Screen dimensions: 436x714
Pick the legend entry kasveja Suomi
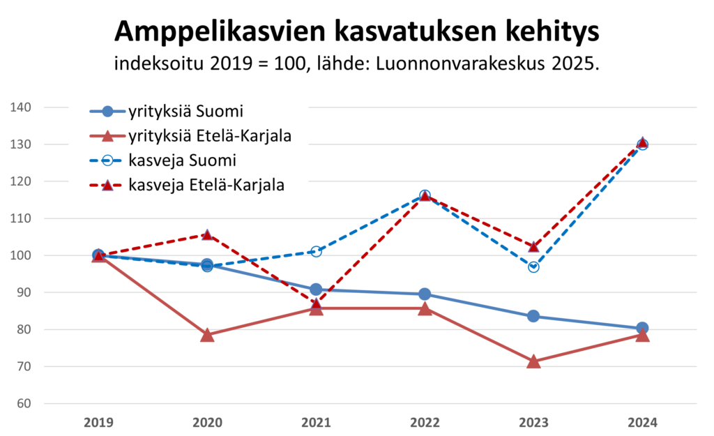(183, 160)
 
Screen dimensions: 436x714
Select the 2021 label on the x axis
(316, 422)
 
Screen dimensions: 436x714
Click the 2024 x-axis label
(642, 422)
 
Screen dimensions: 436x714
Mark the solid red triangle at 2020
(207, 335)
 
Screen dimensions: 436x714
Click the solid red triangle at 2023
(533, 361)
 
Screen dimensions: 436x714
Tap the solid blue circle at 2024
(642, 328)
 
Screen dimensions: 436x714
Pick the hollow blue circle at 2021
(316, 251)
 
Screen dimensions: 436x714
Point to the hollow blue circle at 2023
(533, 266)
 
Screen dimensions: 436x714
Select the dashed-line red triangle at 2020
(207, 234)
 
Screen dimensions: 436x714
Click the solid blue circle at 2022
(425, 294)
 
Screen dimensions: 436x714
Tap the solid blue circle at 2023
(533, 316)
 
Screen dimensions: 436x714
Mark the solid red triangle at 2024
(642, 336)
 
